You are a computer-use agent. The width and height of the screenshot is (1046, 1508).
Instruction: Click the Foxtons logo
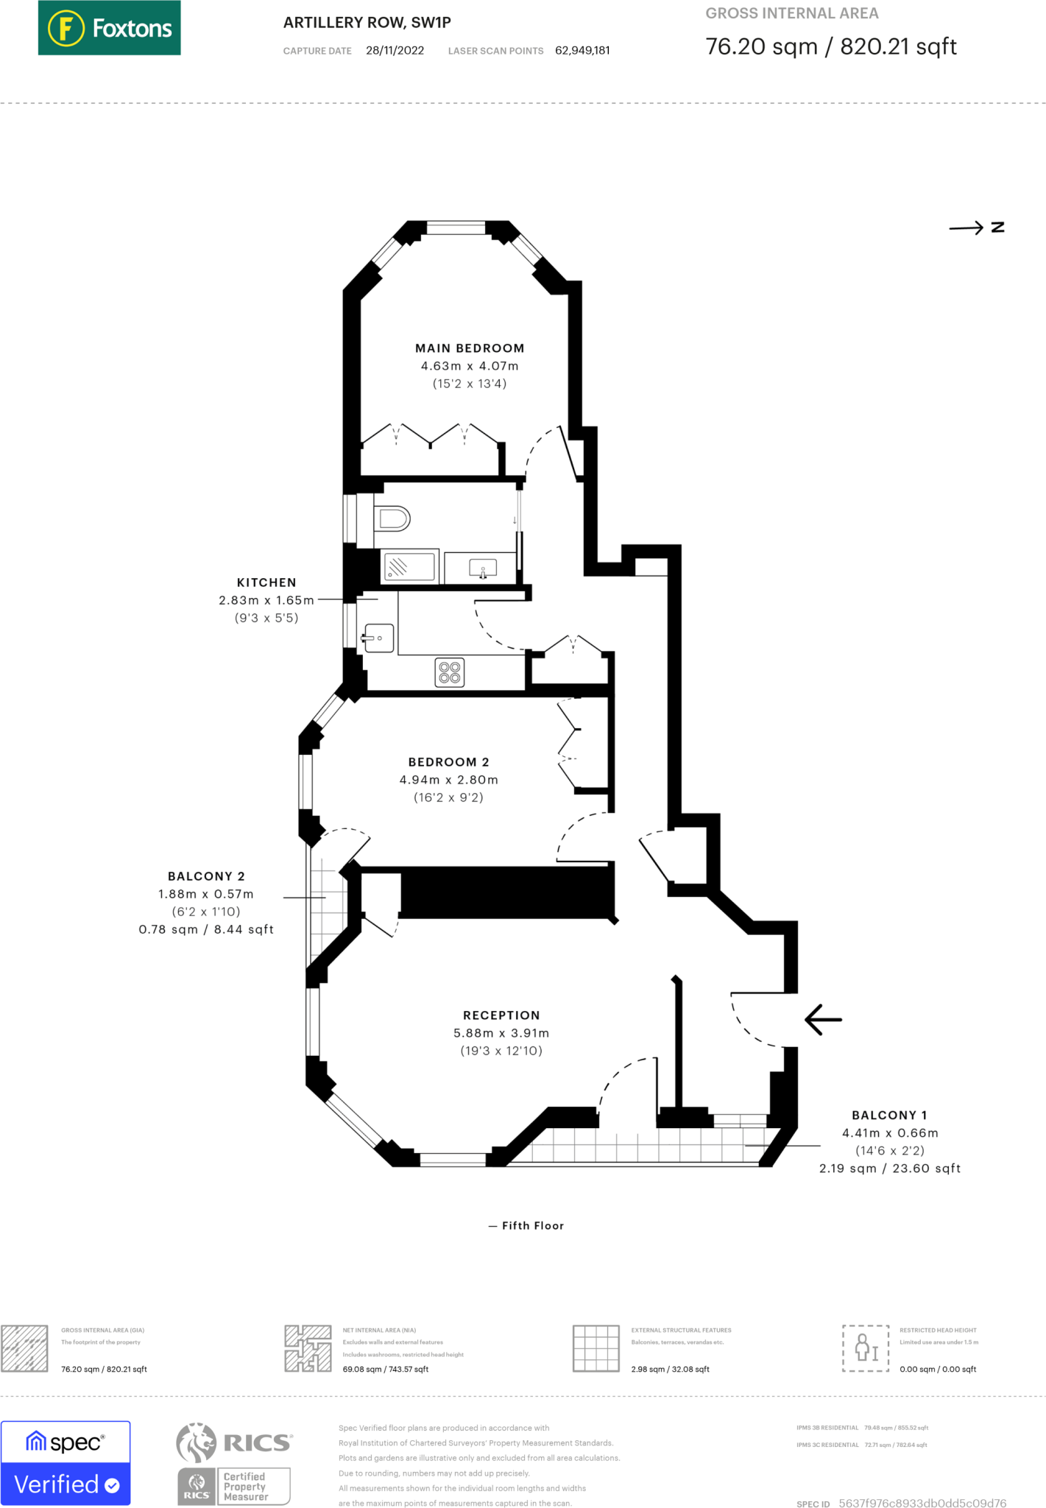point(109,28)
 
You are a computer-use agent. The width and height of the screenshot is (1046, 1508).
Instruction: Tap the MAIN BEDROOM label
point(470,348)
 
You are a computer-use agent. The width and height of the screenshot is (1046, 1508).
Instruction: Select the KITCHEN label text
point(266,582)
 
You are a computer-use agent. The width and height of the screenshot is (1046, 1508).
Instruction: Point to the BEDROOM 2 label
point(448,762)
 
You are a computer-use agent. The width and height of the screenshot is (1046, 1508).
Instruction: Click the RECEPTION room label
point(501,1015)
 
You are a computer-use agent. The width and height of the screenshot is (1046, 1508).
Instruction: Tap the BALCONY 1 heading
point(889,1116)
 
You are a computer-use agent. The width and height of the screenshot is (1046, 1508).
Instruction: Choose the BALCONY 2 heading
point(206,876)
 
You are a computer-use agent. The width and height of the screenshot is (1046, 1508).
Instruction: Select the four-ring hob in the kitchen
point(450,672)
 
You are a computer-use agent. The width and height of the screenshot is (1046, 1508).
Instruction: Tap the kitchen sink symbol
point(379,638)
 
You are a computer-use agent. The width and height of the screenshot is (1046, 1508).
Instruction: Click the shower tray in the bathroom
point(409,567)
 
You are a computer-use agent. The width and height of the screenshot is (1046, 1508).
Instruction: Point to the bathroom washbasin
point(482,568)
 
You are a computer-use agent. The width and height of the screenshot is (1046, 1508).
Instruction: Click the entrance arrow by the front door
point(823,1020)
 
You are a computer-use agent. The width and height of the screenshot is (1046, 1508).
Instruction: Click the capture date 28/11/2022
point(395,51)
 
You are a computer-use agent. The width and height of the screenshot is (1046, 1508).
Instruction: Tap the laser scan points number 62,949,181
point(582,51)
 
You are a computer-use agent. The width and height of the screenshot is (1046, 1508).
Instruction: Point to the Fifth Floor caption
point(532,1226)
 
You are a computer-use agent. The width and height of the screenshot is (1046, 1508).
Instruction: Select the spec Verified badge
point(66,1463)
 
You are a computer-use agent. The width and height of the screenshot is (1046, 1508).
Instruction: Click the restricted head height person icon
point(866,1348)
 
